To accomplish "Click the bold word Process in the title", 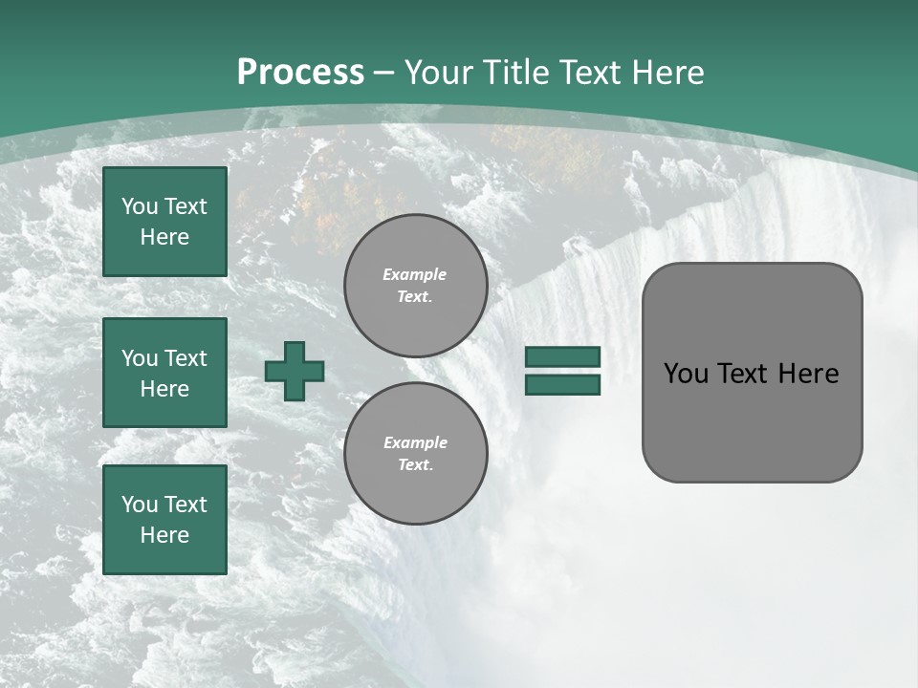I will (300, 73).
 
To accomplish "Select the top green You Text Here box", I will (164, 222).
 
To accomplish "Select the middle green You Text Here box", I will (164, 373).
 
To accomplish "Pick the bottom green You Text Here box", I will (164, 520).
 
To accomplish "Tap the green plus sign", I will (295, 371).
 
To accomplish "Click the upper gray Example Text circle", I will (415, 286).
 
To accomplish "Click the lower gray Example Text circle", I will (415, 454).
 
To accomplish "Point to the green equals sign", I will (562, 371).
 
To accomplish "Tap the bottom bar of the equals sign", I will (562, 384).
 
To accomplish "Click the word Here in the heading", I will (667, 73).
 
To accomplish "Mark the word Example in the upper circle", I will (415, 275).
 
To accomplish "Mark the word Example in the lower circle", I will (415, 443).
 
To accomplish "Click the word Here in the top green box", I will (164, 237).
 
